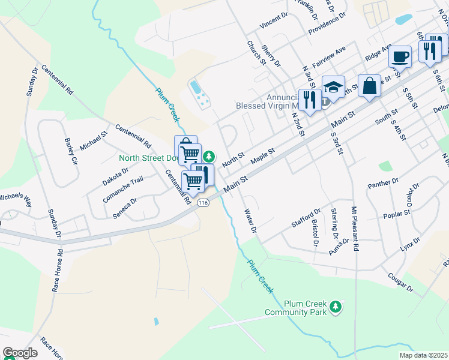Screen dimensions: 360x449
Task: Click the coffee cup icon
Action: (399, 58)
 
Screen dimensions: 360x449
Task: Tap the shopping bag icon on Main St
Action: (369, 85)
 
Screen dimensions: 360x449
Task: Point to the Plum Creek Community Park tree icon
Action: (336, 308)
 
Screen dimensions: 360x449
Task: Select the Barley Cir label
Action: (71, 152)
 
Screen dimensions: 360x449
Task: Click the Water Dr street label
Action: (250, 221)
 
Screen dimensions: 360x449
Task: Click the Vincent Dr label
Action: (274, 22)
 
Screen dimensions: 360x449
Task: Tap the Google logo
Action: (20, 353)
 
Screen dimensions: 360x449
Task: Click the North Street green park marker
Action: (208, 157)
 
